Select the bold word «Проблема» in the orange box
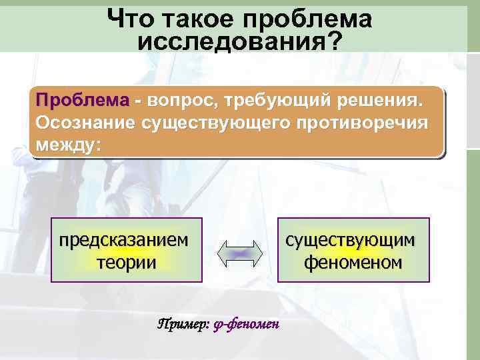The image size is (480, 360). click(x=83, y=101)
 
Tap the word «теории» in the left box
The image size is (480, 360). click(x=127, y=262)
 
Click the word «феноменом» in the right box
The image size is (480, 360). click(x=353, y=262)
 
